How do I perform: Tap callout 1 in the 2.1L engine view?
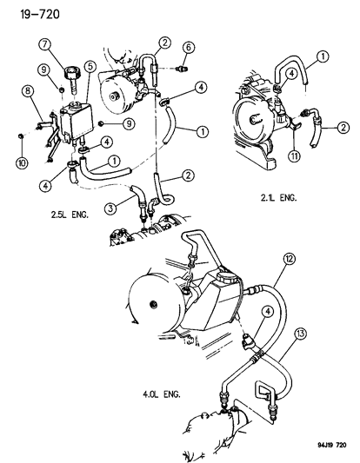point(324,57)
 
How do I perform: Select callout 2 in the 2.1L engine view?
point(343,127)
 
